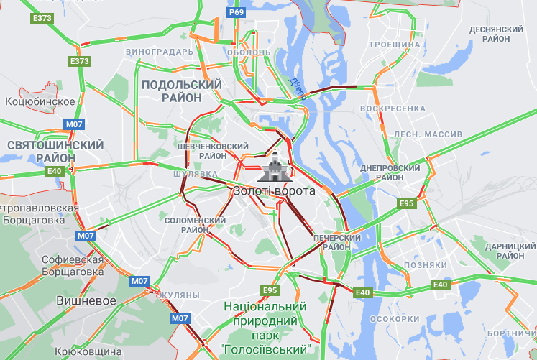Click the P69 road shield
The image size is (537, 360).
236,12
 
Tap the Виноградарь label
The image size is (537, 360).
160,52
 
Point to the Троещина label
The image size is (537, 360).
395,45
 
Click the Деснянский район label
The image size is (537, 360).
496,35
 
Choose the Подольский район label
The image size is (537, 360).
181,91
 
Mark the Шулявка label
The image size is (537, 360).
196,174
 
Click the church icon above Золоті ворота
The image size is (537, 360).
274,167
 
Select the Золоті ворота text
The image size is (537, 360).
274,192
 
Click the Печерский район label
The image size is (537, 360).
337,242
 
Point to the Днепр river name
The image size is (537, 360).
298,88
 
